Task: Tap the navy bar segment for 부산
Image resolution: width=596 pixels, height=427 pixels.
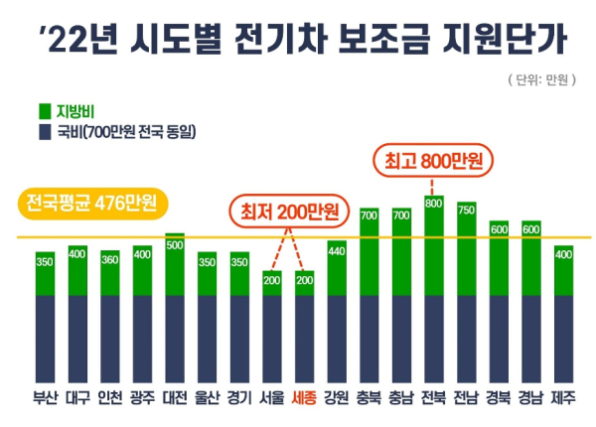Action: pos(45,338)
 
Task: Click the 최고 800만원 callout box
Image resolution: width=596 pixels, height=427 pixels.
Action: pos(432,159)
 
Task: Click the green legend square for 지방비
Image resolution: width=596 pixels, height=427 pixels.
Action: pos(45,111)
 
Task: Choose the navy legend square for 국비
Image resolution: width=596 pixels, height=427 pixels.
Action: pos(45,131)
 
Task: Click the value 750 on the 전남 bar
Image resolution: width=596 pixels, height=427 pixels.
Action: pos(466,210)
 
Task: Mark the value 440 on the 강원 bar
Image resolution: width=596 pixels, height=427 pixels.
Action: pos(336,249)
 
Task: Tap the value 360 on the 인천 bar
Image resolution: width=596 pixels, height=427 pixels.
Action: pos(109,259)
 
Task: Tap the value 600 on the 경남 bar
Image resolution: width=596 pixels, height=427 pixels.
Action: pos(530,228)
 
